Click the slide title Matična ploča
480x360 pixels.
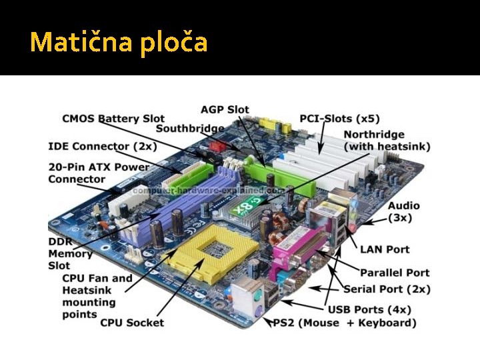(x=119, y=42)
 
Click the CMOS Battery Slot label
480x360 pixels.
(x=113, y=119)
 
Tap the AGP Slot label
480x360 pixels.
(x=225, y=109)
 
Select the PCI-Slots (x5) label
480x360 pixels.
(x=339, y=119)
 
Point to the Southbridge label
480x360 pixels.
(x=190, y=129)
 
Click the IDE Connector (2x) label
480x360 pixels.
(x=103, y=146)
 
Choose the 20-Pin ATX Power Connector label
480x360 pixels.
(x=98, y=173)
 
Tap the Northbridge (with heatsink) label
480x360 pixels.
(x=387, y=140)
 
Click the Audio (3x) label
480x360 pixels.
(x=404, y=212)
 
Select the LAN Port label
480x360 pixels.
(x=385, y=249)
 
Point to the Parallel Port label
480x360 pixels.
(x=395, y=272)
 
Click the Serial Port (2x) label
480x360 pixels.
(x=387, y=289)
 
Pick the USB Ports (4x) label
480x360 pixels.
(x=369, y=309)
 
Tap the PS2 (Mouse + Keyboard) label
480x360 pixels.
(x=345, y=323)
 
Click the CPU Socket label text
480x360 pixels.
(x=132, y=323)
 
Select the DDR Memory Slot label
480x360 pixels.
(x=69, y=253)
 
